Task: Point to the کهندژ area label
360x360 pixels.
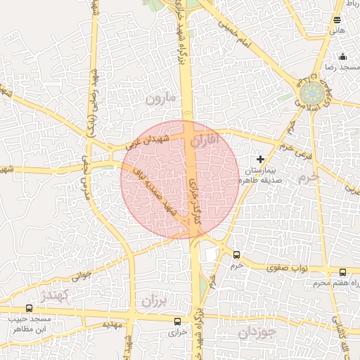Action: [x=53, y=294]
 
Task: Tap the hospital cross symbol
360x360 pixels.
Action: [x=262, y=160]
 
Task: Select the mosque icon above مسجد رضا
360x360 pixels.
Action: [x=342, y=57]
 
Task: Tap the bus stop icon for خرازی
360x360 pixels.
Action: [x=177, y=321]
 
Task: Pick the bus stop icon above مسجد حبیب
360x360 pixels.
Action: [x=29, y=308]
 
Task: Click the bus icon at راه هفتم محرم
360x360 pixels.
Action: [x=342, y=272]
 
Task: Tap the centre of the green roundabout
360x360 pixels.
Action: [x=309, y=94]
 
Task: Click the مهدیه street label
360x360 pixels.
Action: [x=112, y=325]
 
